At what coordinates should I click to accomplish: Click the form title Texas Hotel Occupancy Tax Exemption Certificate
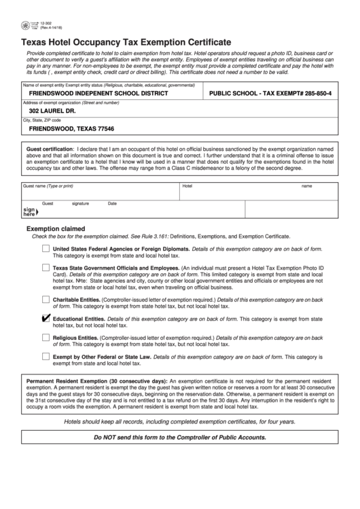point(125,41)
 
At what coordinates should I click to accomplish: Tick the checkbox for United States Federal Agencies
point(46,249)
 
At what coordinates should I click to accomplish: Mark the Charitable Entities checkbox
point(46,299)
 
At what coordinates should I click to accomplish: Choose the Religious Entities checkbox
point(46,337)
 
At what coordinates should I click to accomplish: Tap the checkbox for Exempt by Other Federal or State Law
point(46,355)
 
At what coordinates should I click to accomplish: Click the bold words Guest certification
point(49,148)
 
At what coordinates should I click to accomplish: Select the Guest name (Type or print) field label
point(48,186)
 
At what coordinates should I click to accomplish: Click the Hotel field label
point(187,186)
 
